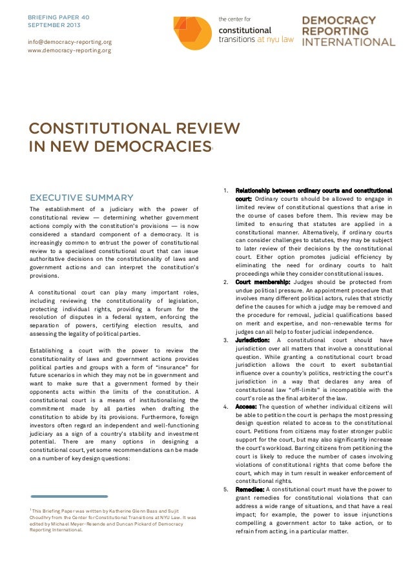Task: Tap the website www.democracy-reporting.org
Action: pyautogui.click(x=70, y=50)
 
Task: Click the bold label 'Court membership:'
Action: pyautogui.click(x=262, y=282)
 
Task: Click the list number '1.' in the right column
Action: pyautogui.click(x=225, y=190)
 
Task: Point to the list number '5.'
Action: pyautogui.click(x=225, y=489)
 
